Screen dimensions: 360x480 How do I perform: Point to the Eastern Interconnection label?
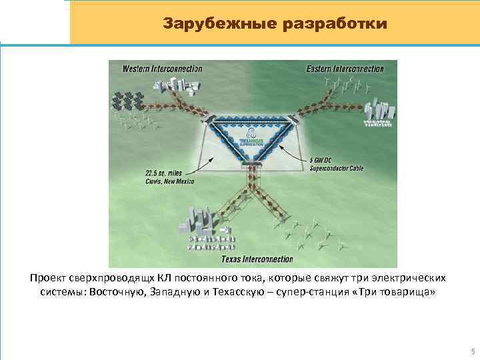click(345, 69)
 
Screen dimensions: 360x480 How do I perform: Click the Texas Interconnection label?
click(257, 258)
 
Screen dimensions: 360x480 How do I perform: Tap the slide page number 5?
click(472, 351)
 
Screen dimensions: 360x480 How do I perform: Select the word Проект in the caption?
click(48, 277)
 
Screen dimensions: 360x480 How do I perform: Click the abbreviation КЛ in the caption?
click(155, 277)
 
